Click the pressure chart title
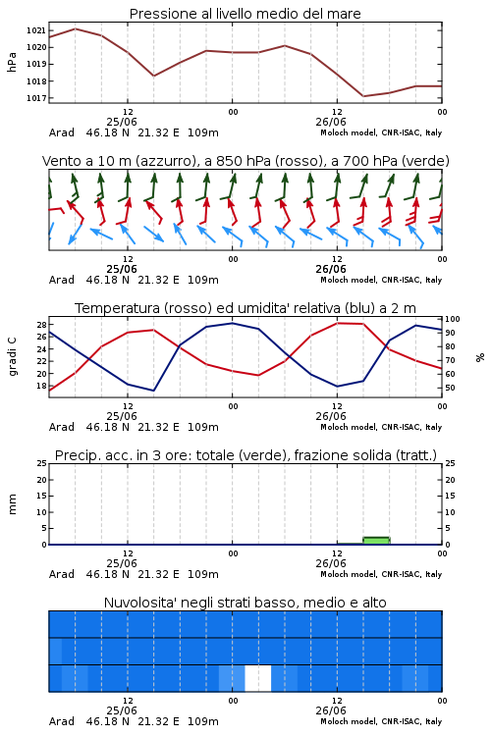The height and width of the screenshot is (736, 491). (245, 14)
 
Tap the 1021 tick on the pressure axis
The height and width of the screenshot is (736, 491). (35, 30)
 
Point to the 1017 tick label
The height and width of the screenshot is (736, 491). (35, 98)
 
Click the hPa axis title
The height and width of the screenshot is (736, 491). (12, 63)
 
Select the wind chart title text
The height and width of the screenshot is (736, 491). (245, 161)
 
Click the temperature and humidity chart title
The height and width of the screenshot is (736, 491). (245, 308)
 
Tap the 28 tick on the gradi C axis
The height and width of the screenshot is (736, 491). (41, 325)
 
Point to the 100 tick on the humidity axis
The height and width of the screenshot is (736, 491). (453, 319)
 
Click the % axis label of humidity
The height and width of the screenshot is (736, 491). (480, 357)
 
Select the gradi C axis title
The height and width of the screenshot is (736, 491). (12, 357)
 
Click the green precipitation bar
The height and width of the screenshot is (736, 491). (376, 541)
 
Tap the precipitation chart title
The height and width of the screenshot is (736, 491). (245, 455)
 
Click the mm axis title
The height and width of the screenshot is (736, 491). (12, 504)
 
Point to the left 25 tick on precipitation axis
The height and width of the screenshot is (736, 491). (42, 463)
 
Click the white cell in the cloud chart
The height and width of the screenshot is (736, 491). (258, 678)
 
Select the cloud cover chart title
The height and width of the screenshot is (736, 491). (245, 603)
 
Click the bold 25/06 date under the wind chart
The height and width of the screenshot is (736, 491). (122, 269)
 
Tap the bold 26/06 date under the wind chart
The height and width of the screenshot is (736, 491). (331, 269)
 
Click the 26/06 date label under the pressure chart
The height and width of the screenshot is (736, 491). (331, 122)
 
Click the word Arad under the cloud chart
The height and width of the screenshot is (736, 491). (62, 721)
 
